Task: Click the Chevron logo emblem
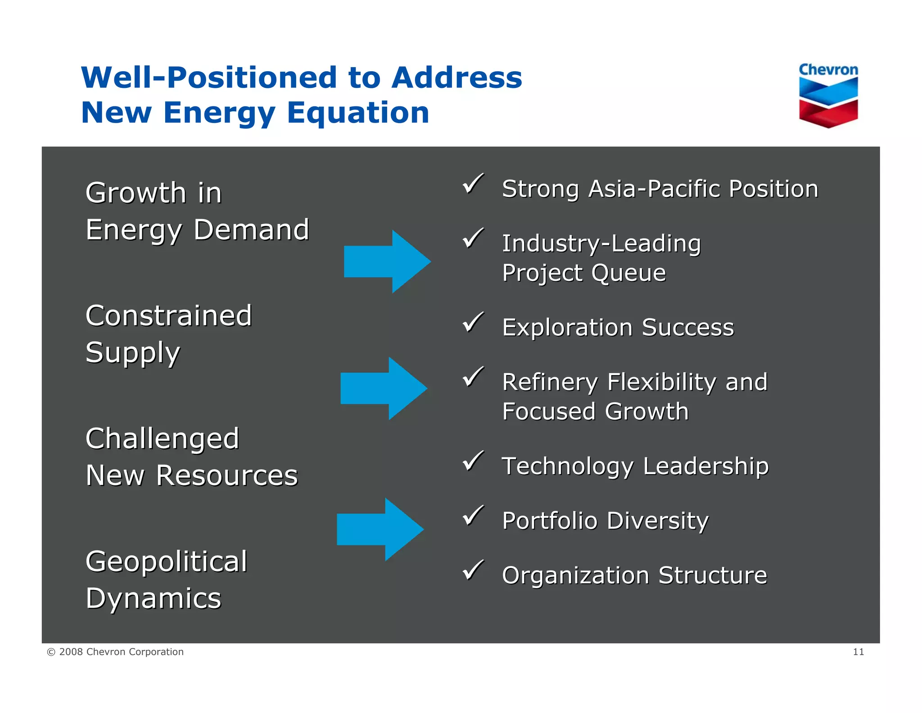[828, 102]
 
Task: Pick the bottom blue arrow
[380, 530]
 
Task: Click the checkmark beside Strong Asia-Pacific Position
[473, 184]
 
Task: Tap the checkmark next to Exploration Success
[473, 323]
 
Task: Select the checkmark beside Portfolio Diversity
[473, 516]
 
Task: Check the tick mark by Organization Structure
[473, 571]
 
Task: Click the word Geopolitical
[166, 562]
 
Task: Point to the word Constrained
[168, 315]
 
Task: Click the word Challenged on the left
[162, 439]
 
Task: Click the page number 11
[858, 652]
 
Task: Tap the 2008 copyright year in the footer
[71, 652]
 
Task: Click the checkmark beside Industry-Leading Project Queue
[473, 238]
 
